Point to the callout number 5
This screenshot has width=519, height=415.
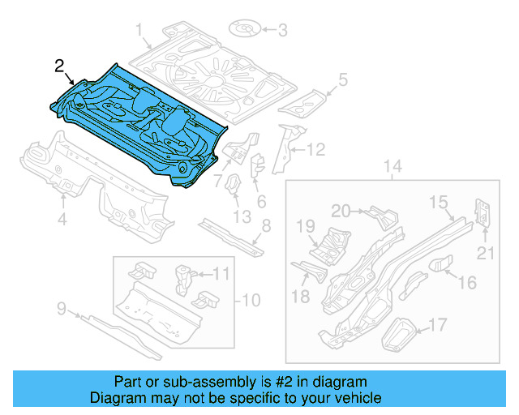(342, 79)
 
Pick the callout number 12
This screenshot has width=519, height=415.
(316, 149)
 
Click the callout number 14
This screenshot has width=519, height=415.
(392, 168)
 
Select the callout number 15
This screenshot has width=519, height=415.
(438, 202)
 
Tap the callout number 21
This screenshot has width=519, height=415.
(485, 254)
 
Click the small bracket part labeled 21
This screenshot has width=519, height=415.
(482, 212)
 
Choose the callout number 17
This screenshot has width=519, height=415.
(437, 326)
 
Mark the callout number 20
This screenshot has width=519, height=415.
(341, 211)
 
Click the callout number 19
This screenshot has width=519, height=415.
(304, 225)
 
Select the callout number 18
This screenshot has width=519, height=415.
(300, 297)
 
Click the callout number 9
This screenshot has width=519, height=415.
(61, 308)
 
